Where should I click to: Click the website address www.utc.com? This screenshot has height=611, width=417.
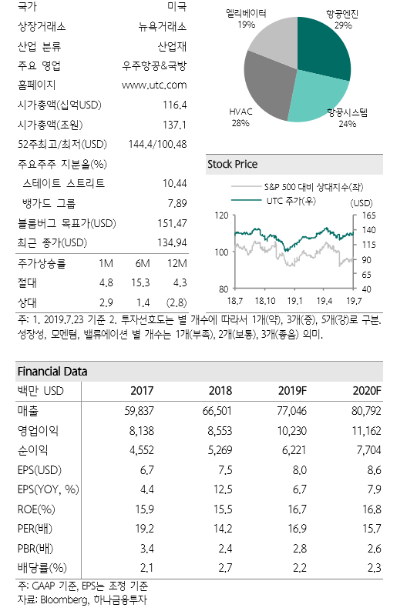coord(154,85)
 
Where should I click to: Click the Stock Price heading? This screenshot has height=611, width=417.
coord(233,165)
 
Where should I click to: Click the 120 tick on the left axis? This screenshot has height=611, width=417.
coord(222,216)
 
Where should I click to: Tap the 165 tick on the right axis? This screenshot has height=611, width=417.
coord(368,216)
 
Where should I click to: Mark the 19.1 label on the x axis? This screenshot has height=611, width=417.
coord(294,300)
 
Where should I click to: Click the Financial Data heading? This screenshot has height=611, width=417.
coord(52,372)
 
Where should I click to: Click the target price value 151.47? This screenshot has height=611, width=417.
coord(171,224)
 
